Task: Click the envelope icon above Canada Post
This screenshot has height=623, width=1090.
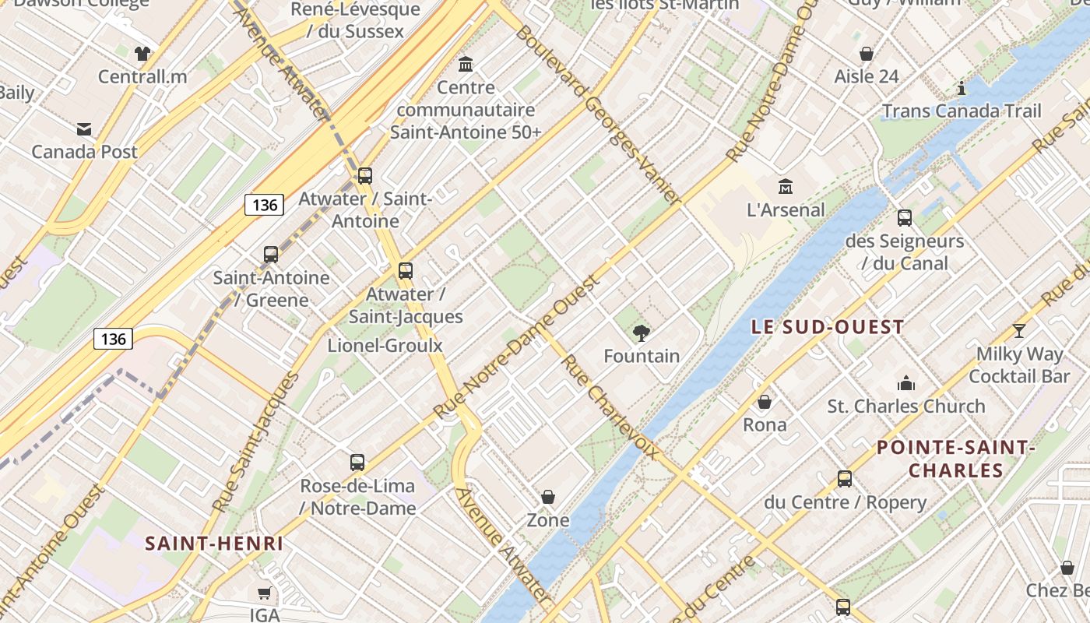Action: [84, 129]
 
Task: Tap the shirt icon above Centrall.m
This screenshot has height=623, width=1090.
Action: [142, 54]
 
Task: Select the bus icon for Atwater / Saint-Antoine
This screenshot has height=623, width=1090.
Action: [365, 176]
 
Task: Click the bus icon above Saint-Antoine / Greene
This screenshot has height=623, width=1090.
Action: [271, 255]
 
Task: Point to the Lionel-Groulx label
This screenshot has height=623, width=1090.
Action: [385, 346]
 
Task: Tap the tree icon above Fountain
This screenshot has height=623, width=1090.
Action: [642, 334]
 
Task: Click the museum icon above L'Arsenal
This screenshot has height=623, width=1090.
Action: [786, 187]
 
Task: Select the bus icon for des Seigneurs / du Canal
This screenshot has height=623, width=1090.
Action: [905, 218]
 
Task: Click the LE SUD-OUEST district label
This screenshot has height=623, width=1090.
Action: [828, 327]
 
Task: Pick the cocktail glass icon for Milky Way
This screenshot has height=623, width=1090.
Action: [1019, 331]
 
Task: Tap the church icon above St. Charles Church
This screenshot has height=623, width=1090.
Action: [906, 383]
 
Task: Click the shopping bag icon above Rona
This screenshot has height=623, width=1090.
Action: [765, 402]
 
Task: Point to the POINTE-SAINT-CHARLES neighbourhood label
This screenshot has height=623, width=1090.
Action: [955, 459]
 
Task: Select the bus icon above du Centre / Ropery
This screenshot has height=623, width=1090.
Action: [845, 479]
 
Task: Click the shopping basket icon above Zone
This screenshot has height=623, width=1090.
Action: [548, 497]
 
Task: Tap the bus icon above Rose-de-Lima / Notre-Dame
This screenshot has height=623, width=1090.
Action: [357, 463]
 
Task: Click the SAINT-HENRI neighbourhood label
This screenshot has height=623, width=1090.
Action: [214, 544]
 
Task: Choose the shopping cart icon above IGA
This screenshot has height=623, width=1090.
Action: [265, 593]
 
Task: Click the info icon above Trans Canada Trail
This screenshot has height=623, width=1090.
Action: [962, 88]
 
